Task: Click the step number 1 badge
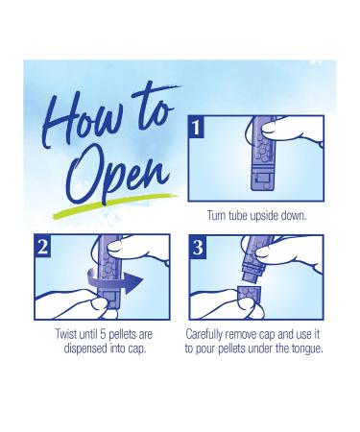pos(196,127)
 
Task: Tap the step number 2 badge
pos(42,246)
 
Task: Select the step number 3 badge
pos(198,246)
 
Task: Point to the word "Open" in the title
pos(118,177)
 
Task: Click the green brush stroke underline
pos(115,204)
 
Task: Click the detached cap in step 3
pos(250,296)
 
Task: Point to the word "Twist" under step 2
pos(66,334)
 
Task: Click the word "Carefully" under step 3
pos(204,335)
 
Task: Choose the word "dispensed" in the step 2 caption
pos(85,348)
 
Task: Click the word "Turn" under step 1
pos(214,215)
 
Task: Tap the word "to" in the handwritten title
pos(154,108)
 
